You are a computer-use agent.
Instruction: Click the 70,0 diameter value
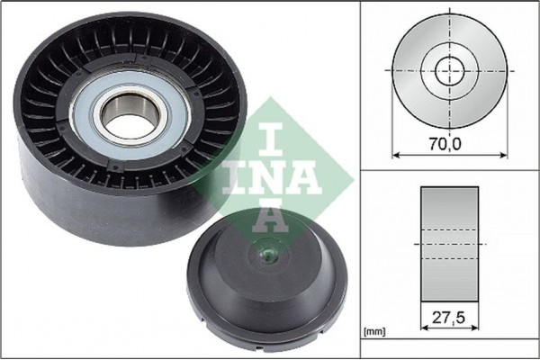(447, 142)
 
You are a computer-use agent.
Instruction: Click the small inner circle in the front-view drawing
(449, 70)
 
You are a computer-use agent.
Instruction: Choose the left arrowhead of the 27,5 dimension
(424, 331)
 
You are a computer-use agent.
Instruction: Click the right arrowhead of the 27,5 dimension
(475, 331)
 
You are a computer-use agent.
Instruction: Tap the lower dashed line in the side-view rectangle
(449, 259)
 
